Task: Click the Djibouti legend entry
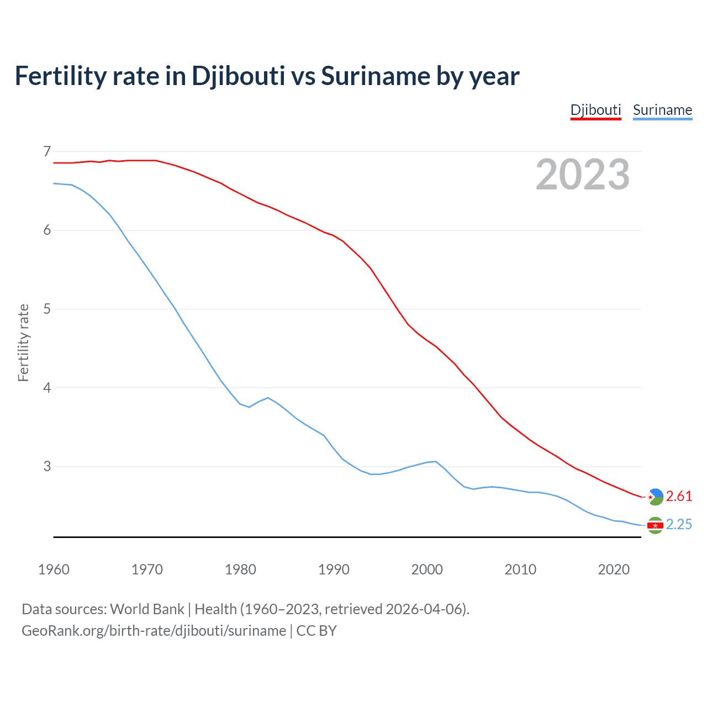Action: point(595,110)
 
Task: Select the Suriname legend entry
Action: point(662,110)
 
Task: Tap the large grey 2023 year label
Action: point(582,175)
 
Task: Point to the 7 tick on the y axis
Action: point(46,151)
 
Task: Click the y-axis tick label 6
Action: point(46,230)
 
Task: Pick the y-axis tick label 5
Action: point(46,309)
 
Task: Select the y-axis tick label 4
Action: point(46,388)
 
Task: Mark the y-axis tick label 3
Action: point(46,467)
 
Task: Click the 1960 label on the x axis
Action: point(54,569)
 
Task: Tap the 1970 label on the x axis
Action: point(147,569)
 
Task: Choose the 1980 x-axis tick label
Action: point(240,569)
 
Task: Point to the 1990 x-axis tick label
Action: point(334,569)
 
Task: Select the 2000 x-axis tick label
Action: point(427,569)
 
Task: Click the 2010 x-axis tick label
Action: point(520,569)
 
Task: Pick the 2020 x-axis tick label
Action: point(614,569)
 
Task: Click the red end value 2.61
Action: point(679,497)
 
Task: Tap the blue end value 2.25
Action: point(679,525)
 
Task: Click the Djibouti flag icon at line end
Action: point(655,497)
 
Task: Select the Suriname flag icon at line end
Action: point(655,525)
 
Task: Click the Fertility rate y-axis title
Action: point(23,342)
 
